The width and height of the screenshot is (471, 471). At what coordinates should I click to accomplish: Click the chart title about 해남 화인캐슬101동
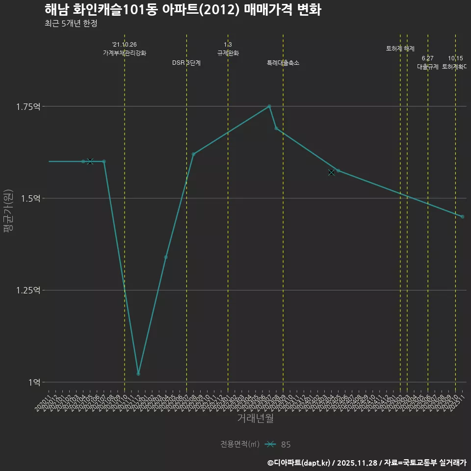tap(183, 10)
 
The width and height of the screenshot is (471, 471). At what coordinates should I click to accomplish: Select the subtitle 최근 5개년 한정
tap(71, 24)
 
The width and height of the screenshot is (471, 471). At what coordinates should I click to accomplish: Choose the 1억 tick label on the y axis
tap(34, 382)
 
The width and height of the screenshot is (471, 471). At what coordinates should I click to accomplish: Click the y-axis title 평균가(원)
tap(8, 211)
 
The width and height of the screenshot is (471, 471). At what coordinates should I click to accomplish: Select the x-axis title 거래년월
tap(255, 418)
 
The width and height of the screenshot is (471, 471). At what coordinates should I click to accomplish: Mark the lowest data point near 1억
tap(138, 374)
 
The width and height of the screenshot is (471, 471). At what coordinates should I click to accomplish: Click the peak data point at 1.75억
tap(269, 106)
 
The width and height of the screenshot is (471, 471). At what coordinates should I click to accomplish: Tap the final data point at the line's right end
tap(462, 216)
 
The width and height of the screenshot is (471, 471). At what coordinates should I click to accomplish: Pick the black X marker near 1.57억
tap(331, 172)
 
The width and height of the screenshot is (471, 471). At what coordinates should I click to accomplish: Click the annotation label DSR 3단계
tap(186, 63)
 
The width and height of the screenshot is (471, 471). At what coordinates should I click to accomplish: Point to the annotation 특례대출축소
tap(283, 63)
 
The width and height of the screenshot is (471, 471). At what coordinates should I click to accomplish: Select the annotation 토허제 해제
tap(400, 49)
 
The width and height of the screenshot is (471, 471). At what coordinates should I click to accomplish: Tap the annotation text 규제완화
tap(228, 52)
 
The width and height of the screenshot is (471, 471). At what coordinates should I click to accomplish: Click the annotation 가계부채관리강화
tap(124, 52)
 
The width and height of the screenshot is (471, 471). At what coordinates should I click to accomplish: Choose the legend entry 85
tap(286, 445)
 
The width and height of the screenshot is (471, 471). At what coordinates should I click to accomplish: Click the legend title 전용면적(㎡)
tap(240, 444)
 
